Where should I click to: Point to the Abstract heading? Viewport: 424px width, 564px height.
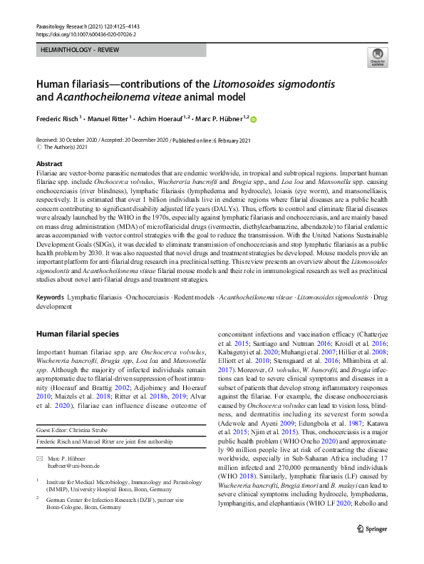click(49, 164)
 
